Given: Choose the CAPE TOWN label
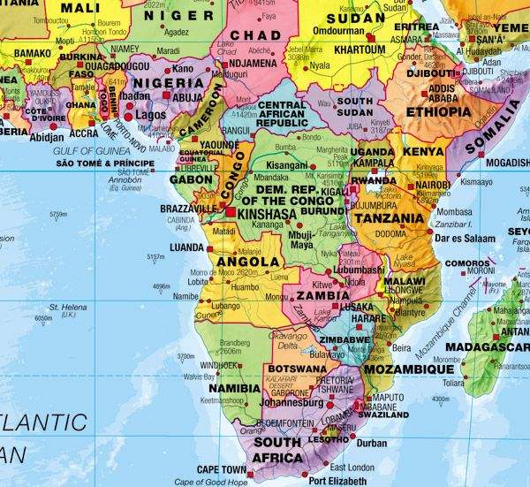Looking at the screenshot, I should pos(220,469).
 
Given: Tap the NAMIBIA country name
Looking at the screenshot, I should pos(234,388).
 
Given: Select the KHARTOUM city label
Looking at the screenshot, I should pos(360,49).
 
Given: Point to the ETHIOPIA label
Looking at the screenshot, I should pos(439,112).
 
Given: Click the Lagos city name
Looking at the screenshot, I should pos(152,115).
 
